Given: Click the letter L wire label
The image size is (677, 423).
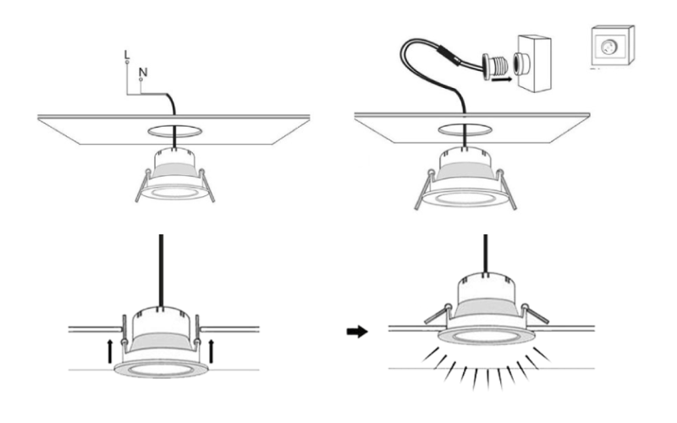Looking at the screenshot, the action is click(126, 55).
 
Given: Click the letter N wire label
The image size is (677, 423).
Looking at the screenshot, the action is click(143, 72).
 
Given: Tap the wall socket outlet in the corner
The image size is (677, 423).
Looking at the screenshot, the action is click(612, 46).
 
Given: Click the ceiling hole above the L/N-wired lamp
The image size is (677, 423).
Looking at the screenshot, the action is click(175, 131).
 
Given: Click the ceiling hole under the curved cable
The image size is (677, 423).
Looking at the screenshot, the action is click(465, 129).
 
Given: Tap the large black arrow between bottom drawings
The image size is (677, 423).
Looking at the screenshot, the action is click(357, 332).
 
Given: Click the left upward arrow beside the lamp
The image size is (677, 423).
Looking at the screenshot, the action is click(110, 351).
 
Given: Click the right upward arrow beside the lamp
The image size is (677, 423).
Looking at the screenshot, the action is click(211, 351).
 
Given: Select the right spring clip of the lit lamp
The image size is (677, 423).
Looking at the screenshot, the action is click(536, 313).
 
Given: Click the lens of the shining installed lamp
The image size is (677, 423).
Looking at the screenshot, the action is click(486, 336).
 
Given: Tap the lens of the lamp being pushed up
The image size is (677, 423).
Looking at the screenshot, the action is click(160, 370).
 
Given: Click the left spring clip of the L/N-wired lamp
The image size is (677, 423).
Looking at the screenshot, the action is click(143, 185).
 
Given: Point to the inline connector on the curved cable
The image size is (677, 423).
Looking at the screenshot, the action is click(448, 56).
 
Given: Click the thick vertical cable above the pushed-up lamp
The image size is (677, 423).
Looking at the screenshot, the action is click(161, 271).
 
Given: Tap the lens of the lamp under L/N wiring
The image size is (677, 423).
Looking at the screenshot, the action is click(174, 192).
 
